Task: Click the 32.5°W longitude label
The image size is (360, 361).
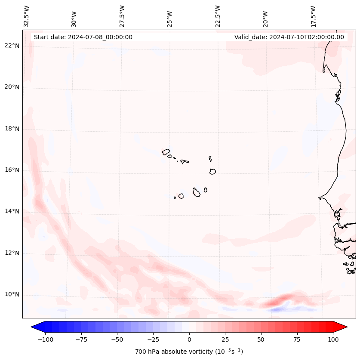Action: point(27,16)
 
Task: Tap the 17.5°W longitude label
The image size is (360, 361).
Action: point(313,16)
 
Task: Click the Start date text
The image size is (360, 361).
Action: point(83,37)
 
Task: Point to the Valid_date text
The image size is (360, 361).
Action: point(289,37)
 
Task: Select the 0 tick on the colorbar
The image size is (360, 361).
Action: point(189,339)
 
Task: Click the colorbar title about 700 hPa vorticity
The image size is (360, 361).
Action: point(189,352)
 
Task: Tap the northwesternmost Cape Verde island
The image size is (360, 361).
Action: point(166,151)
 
